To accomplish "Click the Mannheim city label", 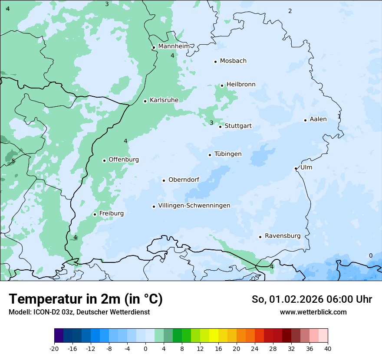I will [x=174, y=46].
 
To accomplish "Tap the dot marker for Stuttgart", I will [x=221, y=127].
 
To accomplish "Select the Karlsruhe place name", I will [x=164, y=100].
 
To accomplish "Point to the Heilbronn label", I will [x=241, y=85].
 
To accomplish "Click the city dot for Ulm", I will [x=296, y=168].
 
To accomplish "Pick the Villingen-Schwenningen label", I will [x=194, y=206].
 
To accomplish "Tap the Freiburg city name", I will [x=111, y=213].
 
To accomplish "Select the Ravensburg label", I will [x=282, y=236].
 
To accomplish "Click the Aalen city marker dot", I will [x=306, y=120].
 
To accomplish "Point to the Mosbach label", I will [x=233, y=61].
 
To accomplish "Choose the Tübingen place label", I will [x=227, y=154].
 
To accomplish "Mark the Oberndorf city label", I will [x=184, y=180].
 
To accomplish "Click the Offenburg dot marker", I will [x=105, y=160].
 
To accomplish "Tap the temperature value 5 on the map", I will [x=13, y=161].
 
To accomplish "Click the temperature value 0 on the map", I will [x=370, y=255].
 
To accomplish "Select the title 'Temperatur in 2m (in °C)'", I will [x=86, y=299].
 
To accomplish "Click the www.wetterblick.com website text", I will [x=313, y=312].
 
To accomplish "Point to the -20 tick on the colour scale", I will [x=54, y=349].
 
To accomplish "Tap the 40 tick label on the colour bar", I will [x=328, y=349].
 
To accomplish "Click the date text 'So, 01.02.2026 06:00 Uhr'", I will [x=312, y=299].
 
